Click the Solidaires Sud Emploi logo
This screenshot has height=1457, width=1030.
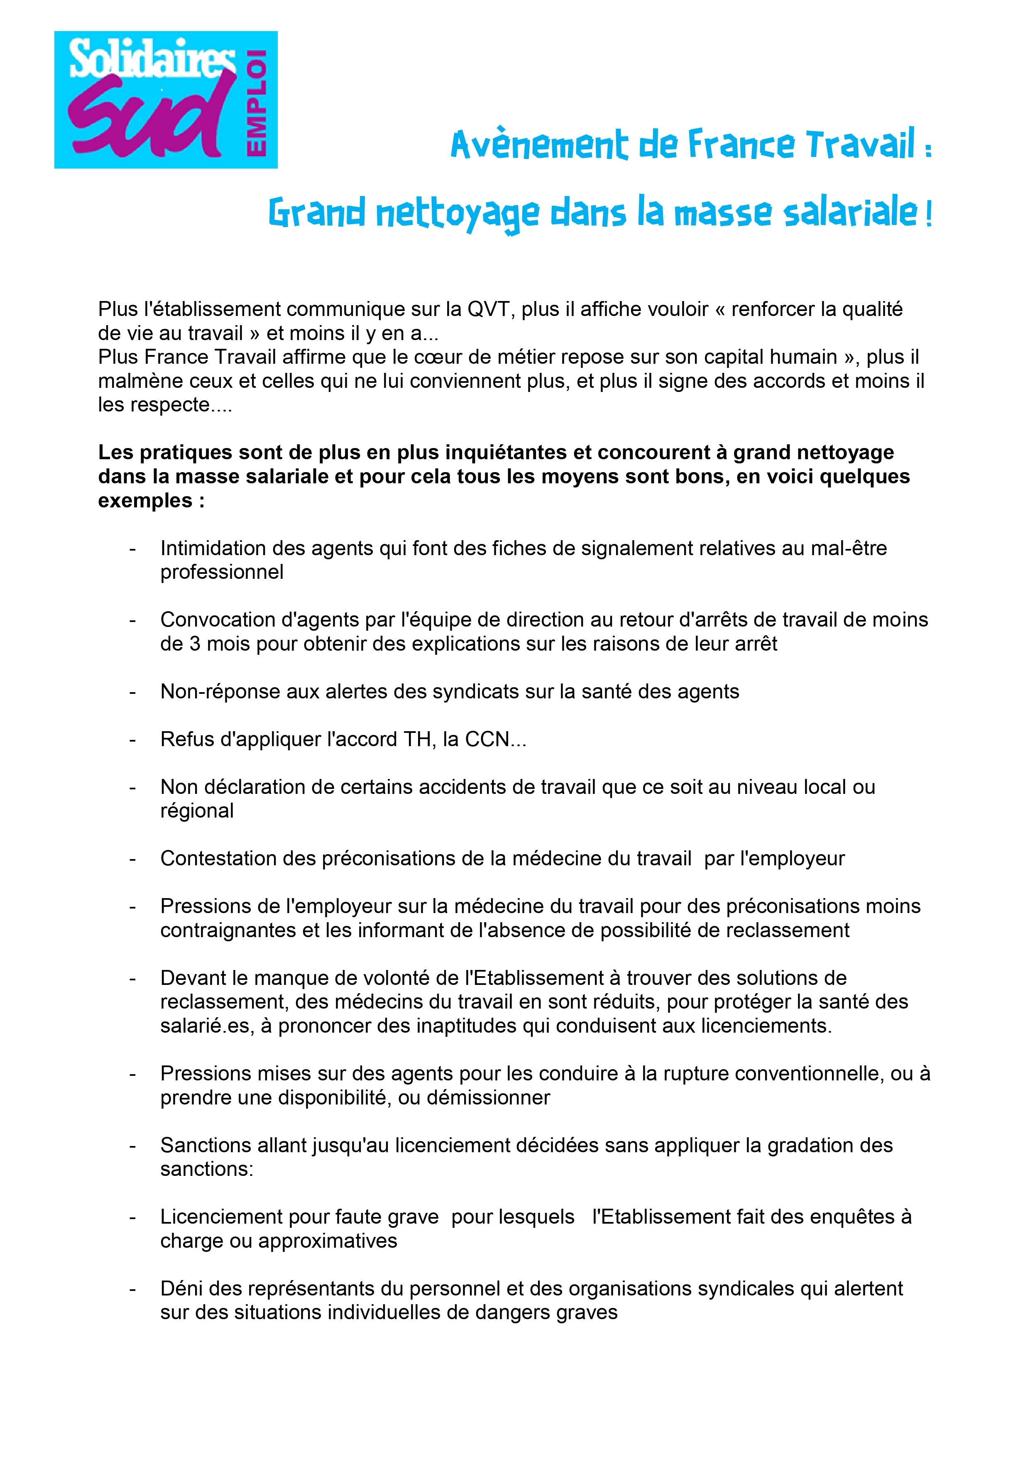tap(166, 100)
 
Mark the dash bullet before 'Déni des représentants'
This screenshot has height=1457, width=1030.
tap(132, 1289)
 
